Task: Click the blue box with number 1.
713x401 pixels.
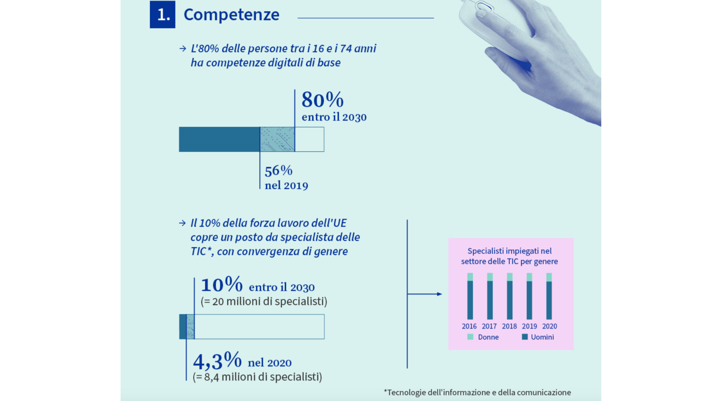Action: click(x=162, y=14)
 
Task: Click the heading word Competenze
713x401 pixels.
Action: click(x=231, y=15)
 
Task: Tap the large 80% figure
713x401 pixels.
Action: click(x=322, y=100)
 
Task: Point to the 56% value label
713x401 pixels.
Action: click(x=279, y=171)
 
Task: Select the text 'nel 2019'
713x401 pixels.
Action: click(x=286, y=186)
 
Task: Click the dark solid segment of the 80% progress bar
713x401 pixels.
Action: click(x=219, y=139)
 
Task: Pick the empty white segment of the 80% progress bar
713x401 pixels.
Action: click(x=309, y=139)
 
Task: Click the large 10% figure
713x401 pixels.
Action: click(x=222, y=285)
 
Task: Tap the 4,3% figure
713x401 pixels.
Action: click(x=217, y=361)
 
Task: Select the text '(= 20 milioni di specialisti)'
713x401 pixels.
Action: click(x=264, y=301)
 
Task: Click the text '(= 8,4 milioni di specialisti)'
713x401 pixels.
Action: click(x=257, y=377)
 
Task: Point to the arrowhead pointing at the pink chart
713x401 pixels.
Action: click(x=439, y=294)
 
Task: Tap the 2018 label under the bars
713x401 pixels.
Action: click(x=509, y=326)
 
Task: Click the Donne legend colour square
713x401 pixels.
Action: click(x=470, y=337)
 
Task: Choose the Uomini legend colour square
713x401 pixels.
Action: click(x=525, y=337)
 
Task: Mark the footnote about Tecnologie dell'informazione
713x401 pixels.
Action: click(x=477, y=392)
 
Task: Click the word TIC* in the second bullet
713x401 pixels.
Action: click(x=201, y=251)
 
